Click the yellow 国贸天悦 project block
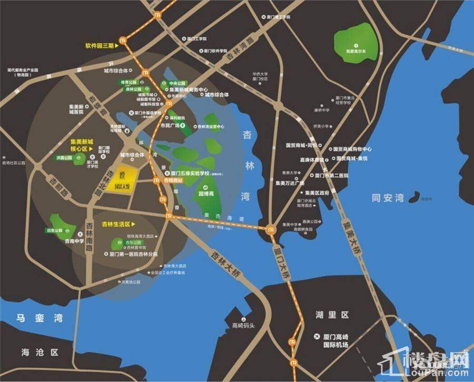119,180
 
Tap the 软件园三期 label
100,45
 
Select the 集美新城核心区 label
82,145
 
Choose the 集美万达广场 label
289,183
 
